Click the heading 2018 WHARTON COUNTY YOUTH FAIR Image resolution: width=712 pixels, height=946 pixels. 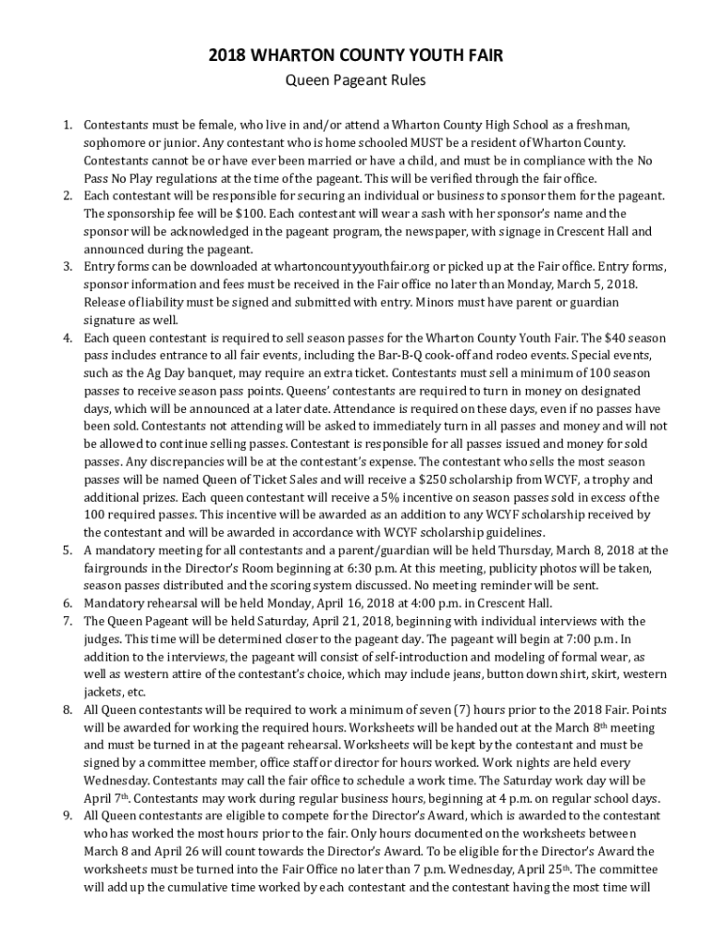tap(355, 57)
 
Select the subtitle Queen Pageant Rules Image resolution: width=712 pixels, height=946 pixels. tap(355, 80)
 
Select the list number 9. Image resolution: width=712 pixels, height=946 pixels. tap(68, 816)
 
